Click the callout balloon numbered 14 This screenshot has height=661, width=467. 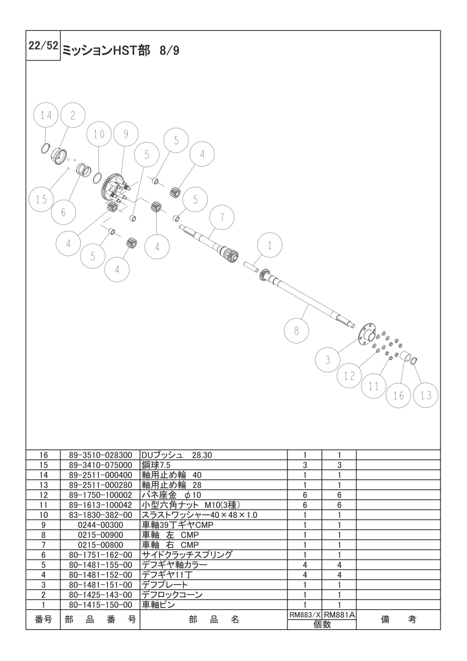pyautogui.click(x=47, y=115)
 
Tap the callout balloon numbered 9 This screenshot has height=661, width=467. pyautogui.click(x=125, y=134)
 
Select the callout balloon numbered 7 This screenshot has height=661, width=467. pyautogui.click(x=221, y=217)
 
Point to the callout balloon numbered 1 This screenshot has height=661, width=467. pyautogui.click(x=270, y=246)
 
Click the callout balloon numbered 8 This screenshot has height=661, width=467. pyautogui.click(x=296, y=331)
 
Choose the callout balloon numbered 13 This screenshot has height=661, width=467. pyautogui.click(x=426, y=395)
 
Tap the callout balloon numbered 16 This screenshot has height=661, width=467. pyautogui.click(x=398, y=395)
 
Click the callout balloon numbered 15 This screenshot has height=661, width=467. pyautogui.click(x=42, y=199)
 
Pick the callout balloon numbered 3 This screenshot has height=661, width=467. pyautogui.click(x=327, y=360)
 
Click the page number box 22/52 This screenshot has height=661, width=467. pyautogui.click(x=43, y=45)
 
